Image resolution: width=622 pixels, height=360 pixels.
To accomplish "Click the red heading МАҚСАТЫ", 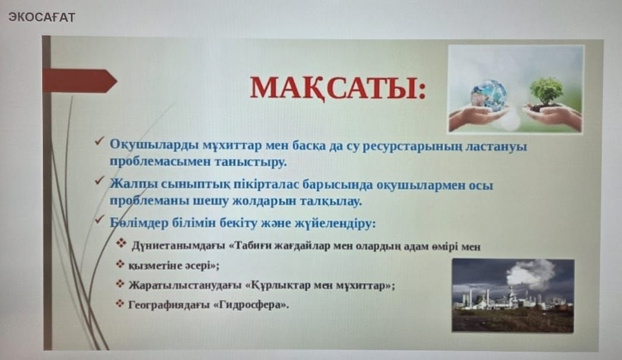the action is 338,88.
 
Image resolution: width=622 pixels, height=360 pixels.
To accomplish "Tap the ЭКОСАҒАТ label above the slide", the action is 41,17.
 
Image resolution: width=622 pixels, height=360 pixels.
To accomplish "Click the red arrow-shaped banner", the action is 80,81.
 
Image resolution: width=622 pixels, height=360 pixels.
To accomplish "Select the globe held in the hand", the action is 489,94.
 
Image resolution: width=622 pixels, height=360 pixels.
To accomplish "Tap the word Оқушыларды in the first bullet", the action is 154,146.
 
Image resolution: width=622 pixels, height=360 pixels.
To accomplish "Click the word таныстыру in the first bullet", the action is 250,162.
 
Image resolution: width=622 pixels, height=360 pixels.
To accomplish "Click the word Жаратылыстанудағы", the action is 185,286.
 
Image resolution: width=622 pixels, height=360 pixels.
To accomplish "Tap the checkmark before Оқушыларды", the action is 99,141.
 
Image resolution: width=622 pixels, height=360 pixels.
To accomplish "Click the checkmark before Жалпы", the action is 99,181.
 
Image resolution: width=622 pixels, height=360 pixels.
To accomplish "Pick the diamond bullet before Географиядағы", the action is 120,304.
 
